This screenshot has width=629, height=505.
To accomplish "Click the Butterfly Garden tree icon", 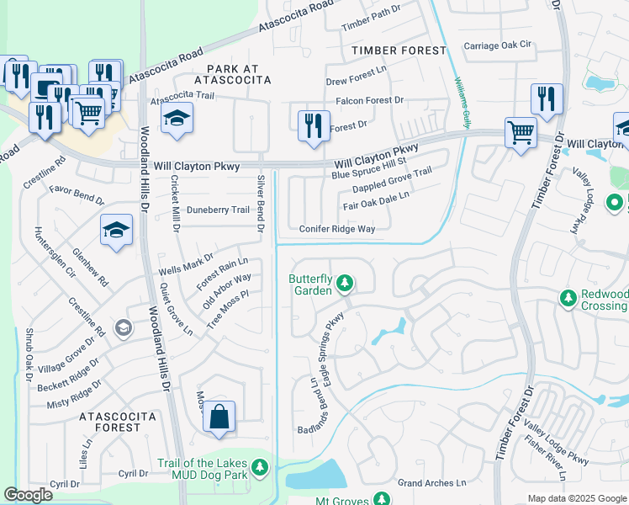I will (343, 284).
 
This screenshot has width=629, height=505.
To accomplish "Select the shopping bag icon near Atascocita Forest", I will (219, 417).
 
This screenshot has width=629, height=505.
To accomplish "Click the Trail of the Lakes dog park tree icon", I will (260, 465).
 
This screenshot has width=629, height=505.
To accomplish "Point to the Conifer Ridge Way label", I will (337, 229).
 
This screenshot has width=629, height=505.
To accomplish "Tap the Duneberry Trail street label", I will (219, 210).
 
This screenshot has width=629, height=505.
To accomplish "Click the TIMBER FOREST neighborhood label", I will (399, 50).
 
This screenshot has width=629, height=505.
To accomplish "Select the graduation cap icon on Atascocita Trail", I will (177, 119).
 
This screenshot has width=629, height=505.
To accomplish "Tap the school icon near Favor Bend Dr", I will (116, 230).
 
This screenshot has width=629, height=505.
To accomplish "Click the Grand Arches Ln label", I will (431, 483).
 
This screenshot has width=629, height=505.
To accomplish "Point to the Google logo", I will (29, 495).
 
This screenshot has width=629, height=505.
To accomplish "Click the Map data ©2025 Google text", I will (576, 498).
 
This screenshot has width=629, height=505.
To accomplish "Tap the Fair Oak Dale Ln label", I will (376, 200).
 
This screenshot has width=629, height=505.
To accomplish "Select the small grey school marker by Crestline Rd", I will (123, 327).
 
